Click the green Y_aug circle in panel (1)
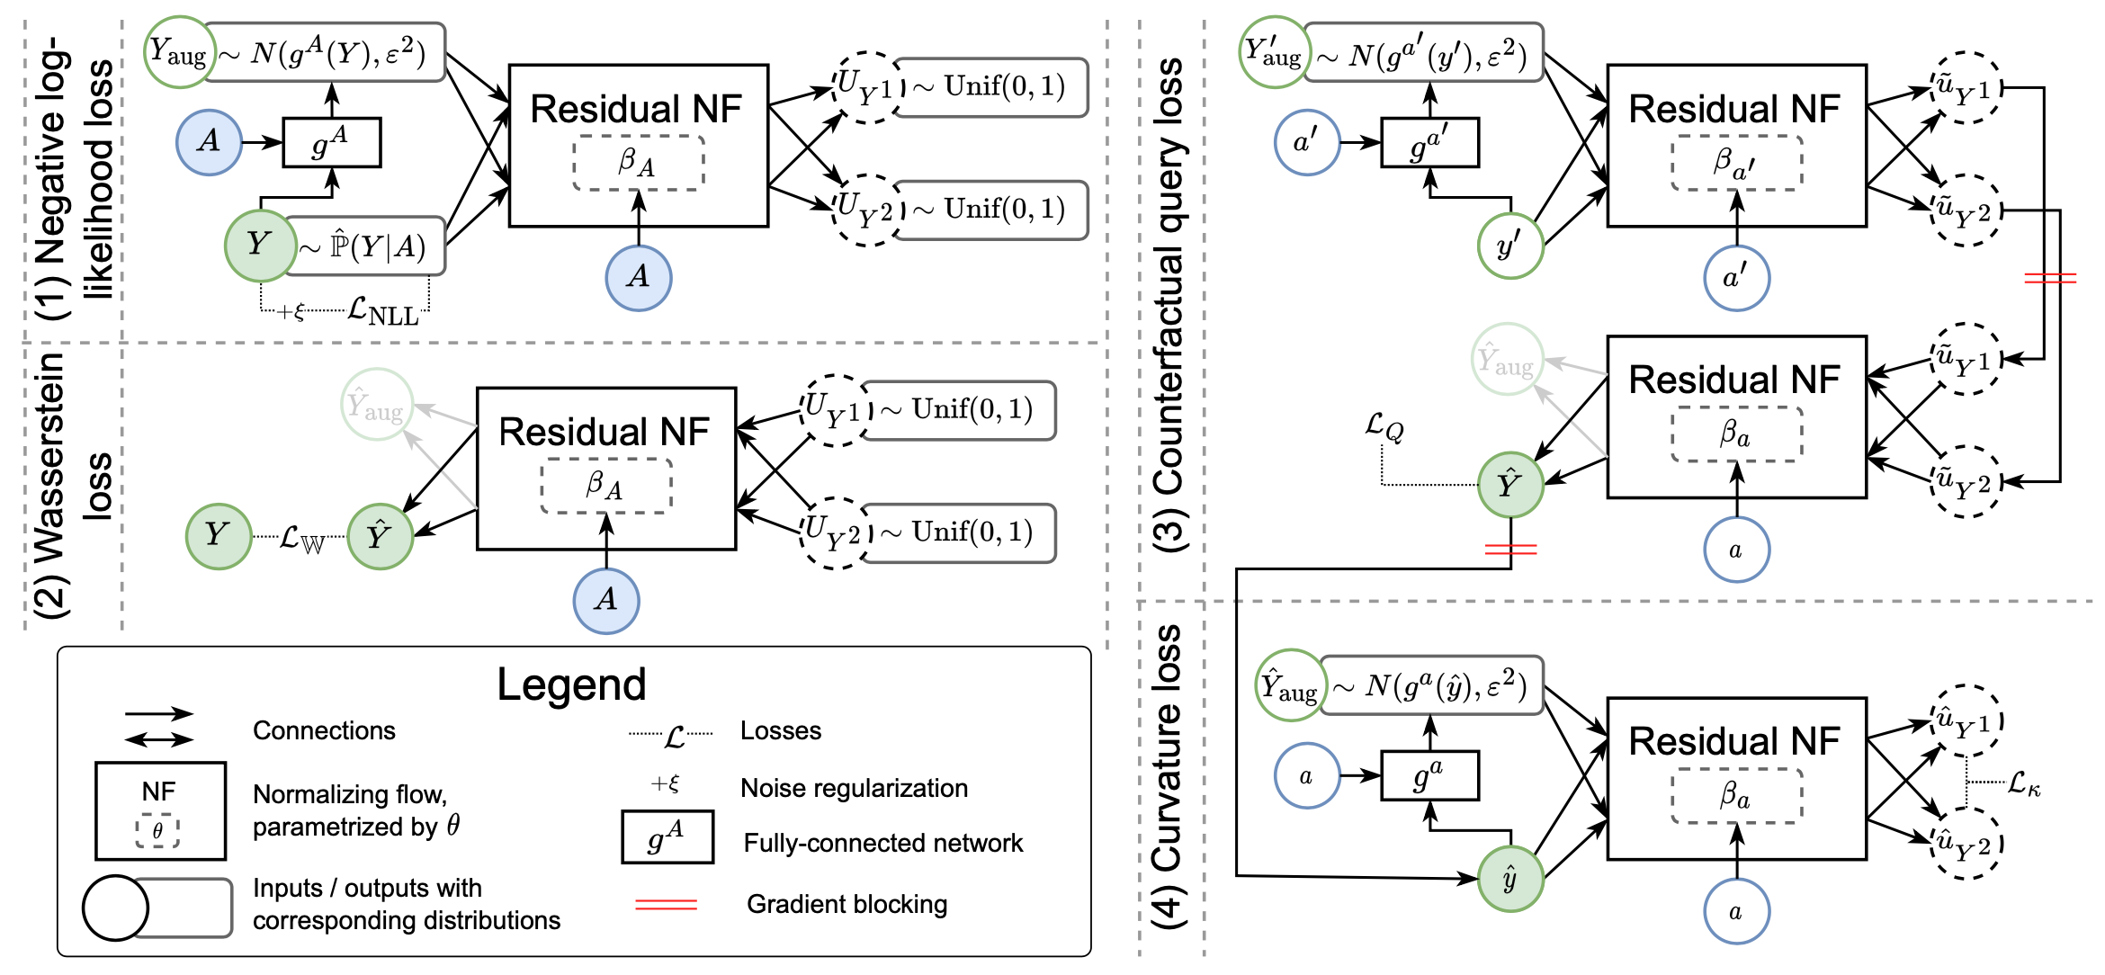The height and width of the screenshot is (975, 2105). [180, 52]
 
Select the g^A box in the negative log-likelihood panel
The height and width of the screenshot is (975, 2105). [332, 142]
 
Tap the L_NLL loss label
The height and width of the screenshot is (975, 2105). [383, 312]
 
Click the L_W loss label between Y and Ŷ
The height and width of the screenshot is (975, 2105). [300, 539]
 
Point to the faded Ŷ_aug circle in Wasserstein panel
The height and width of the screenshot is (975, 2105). [377, 405]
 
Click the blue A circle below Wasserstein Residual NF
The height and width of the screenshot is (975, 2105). [606, 600]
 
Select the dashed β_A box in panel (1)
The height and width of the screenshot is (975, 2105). [639, 163]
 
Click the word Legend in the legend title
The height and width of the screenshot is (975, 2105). [571, 685]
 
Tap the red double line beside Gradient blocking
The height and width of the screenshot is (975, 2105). [666, 904]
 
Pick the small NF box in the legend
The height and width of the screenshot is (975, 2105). [160, 810]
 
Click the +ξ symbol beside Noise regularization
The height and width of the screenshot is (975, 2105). [665, 784]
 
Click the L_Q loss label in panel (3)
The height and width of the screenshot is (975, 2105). [1384, 427]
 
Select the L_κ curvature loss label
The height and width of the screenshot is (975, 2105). [2024, 784]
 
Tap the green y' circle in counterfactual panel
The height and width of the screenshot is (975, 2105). [1510, 246]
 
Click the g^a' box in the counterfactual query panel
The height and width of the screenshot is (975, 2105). [1430, 142]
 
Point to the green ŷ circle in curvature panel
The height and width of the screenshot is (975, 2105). [1510, 879]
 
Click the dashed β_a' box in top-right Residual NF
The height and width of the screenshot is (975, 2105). [1737, 163]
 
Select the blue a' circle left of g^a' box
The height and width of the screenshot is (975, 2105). [1307, 142]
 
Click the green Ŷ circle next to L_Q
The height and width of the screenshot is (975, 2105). [1510, 485]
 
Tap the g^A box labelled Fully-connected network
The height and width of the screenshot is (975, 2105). [667, 837]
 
